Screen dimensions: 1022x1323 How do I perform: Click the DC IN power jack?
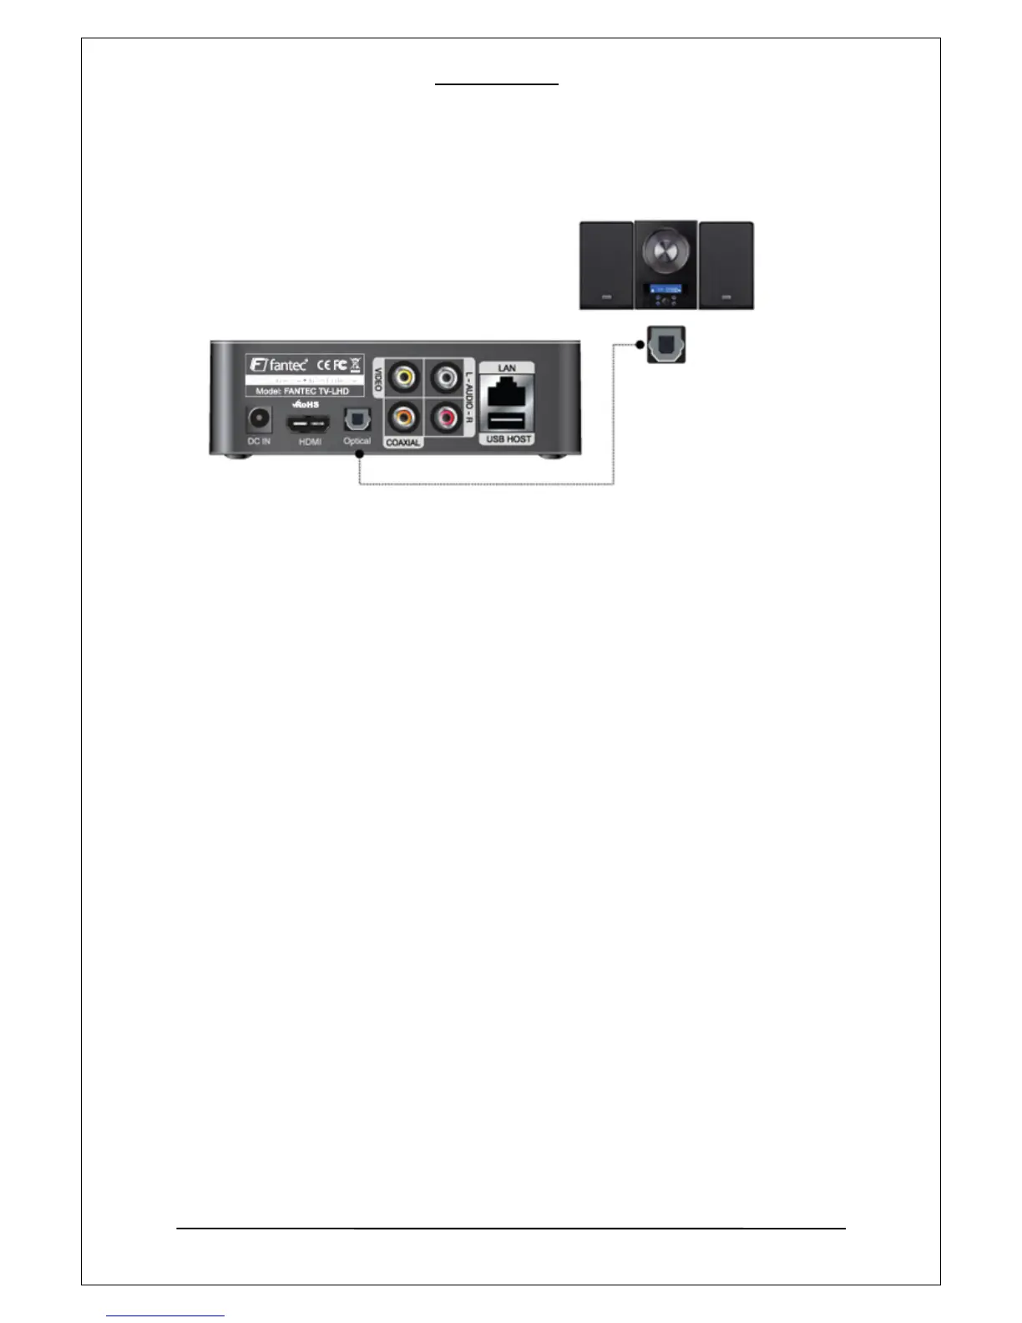pos(259,418)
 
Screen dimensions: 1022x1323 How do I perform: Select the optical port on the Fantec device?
pos(357,419)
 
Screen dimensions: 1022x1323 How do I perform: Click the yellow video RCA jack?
pos(404,377)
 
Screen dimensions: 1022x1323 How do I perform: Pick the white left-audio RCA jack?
pos(444,377)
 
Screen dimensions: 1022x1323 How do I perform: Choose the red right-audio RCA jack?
pos(444,415)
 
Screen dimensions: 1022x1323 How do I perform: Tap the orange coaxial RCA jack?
pos(404,415)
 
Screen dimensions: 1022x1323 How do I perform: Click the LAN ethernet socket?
pos(506,391)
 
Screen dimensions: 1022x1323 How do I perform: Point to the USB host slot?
pos(506,420)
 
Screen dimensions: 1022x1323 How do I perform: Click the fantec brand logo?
pos(279,365)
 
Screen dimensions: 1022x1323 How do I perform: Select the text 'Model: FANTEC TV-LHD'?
pos(302,391)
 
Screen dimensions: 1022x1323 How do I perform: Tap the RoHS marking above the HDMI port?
pos(306,404)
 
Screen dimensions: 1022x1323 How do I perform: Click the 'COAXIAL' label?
pos(403,442)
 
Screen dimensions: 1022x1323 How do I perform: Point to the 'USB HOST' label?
pos(508,438)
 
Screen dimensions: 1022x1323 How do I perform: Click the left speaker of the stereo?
pos(607,265)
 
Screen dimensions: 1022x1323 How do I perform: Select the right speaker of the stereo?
pos(726,265)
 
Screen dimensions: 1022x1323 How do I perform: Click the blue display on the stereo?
pos(665,289)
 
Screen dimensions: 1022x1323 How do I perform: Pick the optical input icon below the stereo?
pos(666,345)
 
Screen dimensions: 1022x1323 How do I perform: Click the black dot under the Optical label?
pos(359,454)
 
